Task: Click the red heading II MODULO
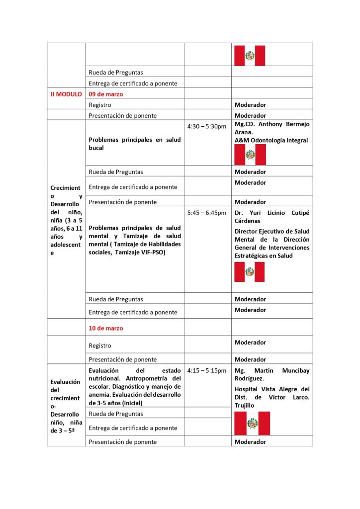[x=66, y=93]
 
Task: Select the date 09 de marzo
[x=106, y=93]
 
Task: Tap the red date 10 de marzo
[x=106, y=328]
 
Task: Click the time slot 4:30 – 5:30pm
[x=207, y=126]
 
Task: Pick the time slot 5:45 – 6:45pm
[x=207, y=213]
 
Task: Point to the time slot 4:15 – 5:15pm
[x=207, y=371]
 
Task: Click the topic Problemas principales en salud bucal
[x=135, y=144]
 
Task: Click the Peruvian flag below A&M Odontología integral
[x=250, y=155]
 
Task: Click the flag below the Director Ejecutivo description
[x=249, y=272]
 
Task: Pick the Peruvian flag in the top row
[x=250, y=56]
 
